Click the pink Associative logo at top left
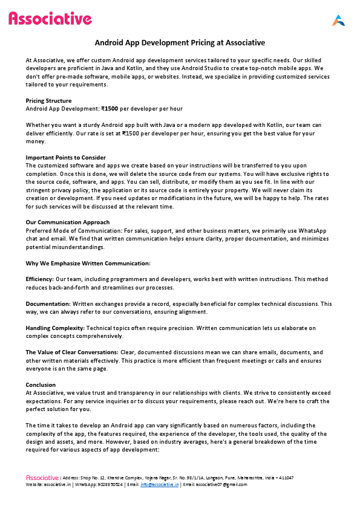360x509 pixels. pos(50,19)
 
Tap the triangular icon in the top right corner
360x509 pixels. pos(338,21)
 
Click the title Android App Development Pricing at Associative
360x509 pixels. pos(180,43)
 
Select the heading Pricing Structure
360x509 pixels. pos(48,100)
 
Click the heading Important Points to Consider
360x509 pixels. pos(65,158)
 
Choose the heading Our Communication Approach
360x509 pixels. pos(68,222)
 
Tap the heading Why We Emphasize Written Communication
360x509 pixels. pos(88,263)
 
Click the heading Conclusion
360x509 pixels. pos(41,384)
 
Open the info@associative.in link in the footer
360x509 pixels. pos(159,484)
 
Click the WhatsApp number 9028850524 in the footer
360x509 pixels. pos(108,484)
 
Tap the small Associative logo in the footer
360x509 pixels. pos(42,478)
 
